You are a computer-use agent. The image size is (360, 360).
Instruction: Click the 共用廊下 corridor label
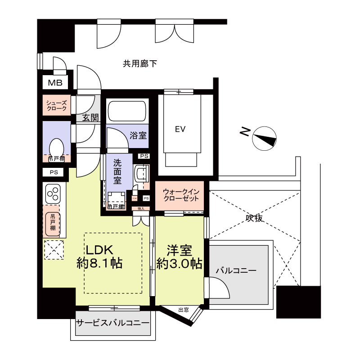[x=140, y=64]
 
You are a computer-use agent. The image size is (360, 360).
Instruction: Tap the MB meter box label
[x=55, y=83]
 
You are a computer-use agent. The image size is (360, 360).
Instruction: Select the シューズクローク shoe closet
[x=57, y=106]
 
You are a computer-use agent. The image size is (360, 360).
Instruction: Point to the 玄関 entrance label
[x=90, y=118]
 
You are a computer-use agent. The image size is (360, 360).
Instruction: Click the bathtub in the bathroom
[x=127, y=111]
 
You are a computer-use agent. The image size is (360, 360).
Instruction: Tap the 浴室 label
[x=138, y=135]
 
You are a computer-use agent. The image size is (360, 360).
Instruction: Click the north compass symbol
[x=264, y=139]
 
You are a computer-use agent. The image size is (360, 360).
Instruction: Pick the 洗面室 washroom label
[x=117, y=171]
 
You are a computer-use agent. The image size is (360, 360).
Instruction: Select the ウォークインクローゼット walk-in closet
[x=180, y=194]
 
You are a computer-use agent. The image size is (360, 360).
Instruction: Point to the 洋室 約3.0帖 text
[x=179, y=256]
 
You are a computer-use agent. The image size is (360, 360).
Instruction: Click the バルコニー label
[x=235, y=271]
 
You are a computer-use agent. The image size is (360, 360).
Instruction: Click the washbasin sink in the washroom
[x=141, y=173]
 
